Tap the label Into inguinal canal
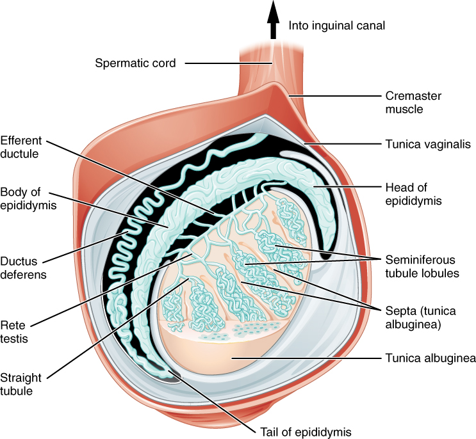[x=337, y=26]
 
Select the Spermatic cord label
[x=135, y=63]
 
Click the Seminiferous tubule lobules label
[x=420, y=267]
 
